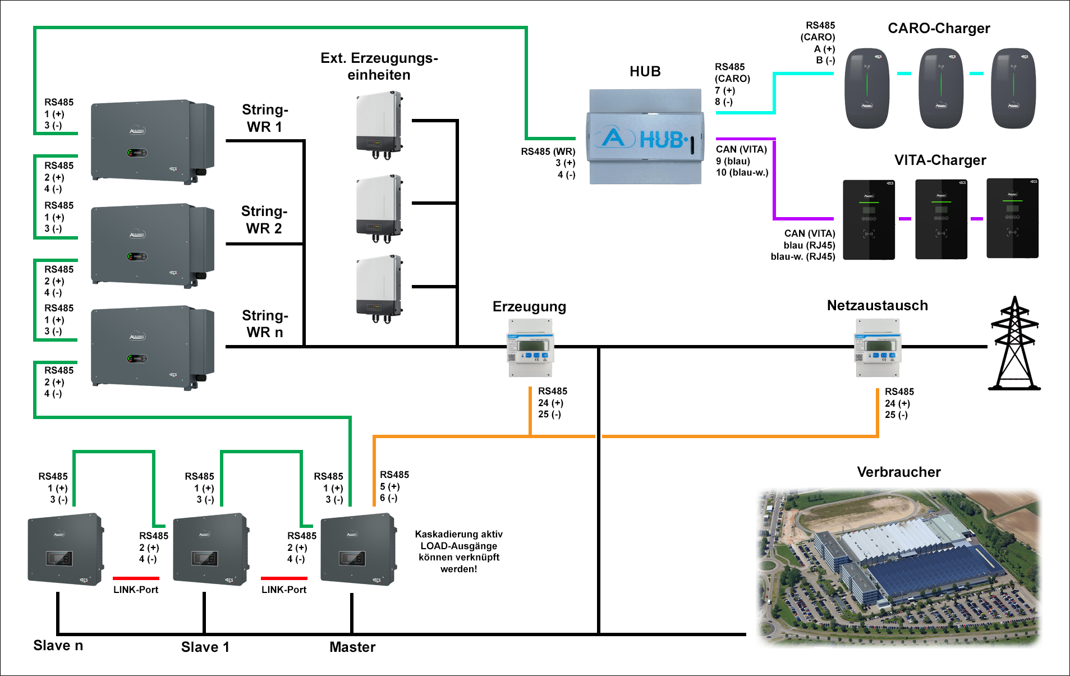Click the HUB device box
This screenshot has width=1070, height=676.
pos(645,137)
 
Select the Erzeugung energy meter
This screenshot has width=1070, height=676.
pos(530,348)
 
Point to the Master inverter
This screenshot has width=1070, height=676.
pos(358,550)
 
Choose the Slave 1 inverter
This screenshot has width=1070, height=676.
pos(210,550)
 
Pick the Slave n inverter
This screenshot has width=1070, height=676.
pos(65,550)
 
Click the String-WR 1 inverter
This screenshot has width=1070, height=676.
pos(152,141)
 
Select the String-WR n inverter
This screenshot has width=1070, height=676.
pos(152,347)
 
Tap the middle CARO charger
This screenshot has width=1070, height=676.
pos(940,88)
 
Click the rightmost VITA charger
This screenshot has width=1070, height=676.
pos(1012,219)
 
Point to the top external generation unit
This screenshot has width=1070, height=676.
pos(379,125)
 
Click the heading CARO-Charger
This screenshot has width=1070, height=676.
pos(938,29)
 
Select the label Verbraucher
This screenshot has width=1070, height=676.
pos(898,472)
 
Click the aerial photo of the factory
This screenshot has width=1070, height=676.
pos(898,567)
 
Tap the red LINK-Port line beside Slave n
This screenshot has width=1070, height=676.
pos(136,578)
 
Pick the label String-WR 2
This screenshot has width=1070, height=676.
pos(264,219)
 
